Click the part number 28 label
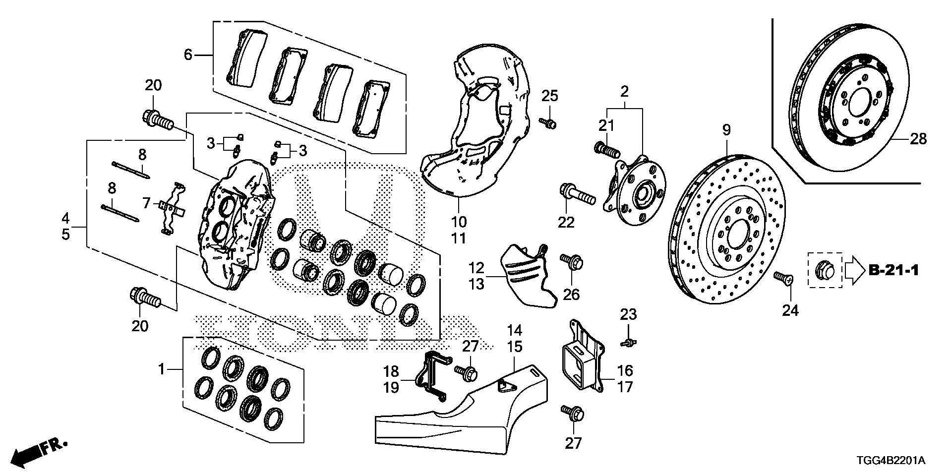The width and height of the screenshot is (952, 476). [x=918, y=139]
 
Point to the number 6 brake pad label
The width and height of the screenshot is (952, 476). [x=187, y=55]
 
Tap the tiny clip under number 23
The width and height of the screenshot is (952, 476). [x=628, y=342]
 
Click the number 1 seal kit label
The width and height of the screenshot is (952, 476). [x=161, y=369]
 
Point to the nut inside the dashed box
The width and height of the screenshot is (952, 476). [x=825, y=270]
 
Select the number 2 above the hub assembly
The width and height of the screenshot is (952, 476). [x=624, y=91]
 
